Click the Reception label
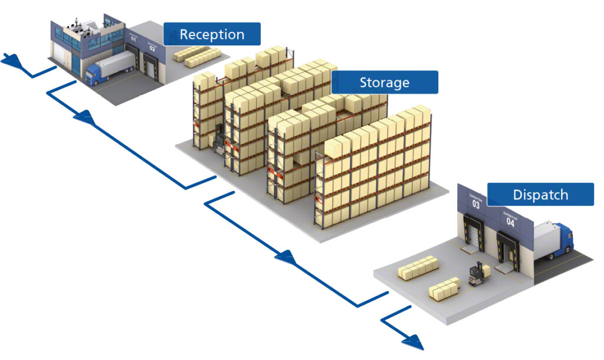pyautogui.click(x=212, y=34)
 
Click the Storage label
pyautogui.click(x=385, y=83)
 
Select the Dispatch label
pyautogui.click(x=540, y=195)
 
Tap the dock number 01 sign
pyautogui.click(x=134, y=38)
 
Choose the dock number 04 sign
pyautogui.click(x=510, y=221)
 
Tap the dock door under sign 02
pyautogui.click(x=153, y=66)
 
